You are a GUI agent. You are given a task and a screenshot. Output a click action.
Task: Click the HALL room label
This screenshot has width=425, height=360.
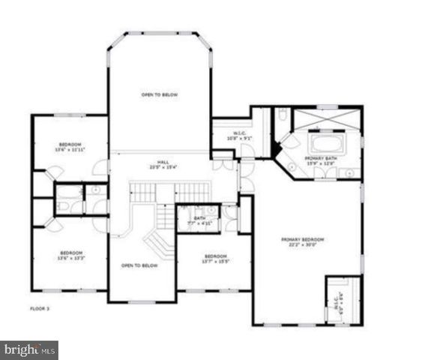163,162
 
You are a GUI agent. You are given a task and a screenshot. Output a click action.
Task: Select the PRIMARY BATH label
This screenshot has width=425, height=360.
321,159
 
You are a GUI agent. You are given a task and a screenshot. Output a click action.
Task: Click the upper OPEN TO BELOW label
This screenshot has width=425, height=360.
160,95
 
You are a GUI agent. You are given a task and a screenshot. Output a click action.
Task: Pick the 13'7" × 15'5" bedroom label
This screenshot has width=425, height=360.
215,258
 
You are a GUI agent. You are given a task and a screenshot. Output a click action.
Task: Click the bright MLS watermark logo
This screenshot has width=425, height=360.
30,349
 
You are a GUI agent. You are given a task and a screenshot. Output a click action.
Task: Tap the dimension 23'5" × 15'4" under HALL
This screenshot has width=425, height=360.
163,166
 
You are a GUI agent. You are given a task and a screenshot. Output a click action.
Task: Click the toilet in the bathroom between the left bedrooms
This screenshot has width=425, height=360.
64,205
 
